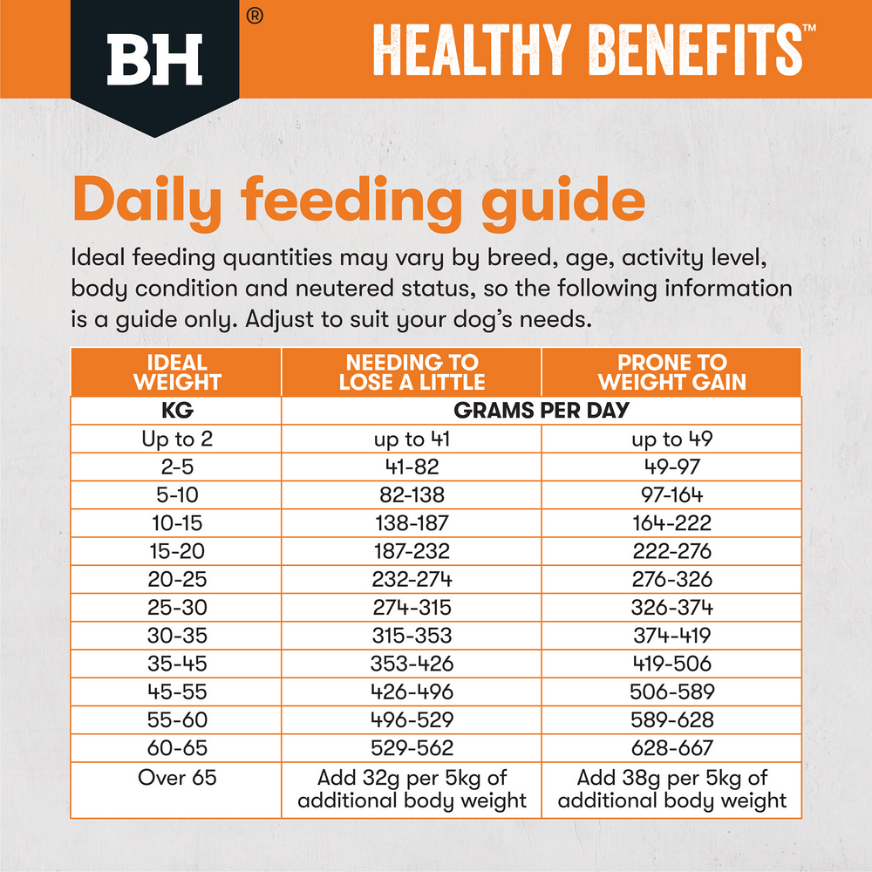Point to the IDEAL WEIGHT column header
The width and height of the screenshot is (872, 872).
(176, 372)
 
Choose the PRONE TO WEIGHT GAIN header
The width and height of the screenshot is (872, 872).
(671, 372)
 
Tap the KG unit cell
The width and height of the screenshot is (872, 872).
(176, 411)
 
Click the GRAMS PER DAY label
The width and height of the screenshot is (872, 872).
(542, 411)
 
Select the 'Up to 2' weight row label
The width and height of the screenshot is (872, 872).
(176, 439)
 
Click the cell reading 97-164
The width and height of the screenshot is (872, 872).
(671, 495)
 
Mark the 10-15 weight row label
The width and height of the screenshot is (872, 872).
(176, 523)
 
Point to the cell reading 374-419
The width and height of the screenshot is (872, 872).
(671, 636)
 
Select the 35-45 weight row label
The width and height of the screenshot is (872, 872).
(176, 664)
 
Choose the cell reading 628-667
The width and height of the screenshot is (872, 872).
(671, 747)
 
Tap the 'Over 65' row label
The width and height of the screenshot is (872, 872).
(176, 777)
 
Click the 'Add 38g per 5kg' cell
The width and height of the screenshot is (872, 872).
(671, 789)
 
